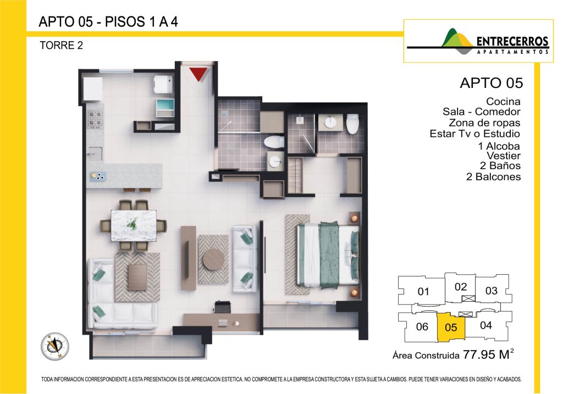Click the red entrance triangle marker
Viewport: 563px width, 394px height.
click(x=198, y=74)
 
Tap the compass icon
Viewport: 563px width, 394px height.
click(x=54, y=346)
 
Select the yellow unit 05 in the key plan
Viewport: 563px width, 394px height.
click(x=451, y=328)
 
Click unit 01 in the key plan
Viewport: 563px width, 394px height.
click(x=422, y=291)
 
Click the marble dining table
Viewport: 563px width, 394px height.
click(x=134, y=226)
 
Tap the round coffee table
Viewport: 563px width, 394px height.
click(x=213, y=259)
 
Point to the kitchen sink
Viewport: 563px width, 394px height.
click(x=95, y=153)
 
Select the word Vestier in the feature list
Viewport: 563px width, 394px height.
click(x=504, y=156)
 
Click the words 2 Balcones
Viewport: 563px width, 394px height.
click(x=493, y=176)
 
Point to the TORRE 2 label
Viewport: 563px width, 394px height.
click(x=61, y=45)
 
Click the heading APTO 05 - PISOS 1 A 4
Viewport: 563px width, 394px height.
click(x=108, y=22)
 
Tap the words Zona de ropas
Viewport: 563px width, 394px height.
click(x=484, y=123)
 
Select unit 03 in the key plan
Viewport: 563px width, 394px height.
click(x=491, y=290)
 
